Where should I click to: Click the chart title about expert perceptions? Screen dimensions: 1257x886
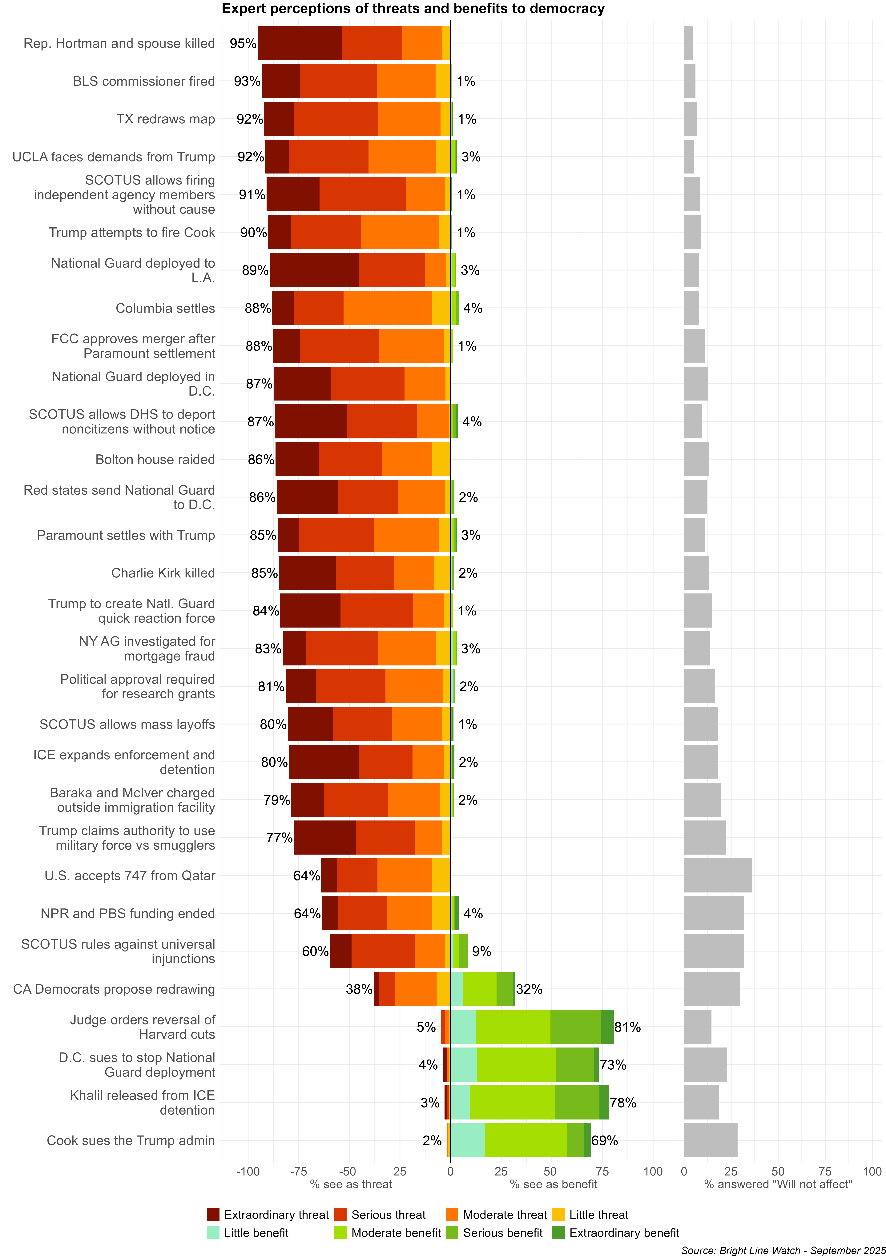(x=413, y=9)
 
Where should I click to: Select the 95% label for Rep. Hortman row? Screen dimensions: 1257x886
(x=243, y=43)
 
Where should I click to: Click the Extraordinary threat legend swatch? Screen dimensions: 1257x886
(x=213, y=1215)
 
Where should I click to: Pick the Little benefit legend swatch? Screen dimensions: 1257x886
(x=213, y=1233)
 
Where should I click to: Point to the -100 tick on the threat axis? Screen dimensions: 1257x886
(x=248, y=1172)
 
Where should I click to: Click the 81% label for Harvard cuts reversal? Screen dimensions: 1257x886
(x=628, y=1027)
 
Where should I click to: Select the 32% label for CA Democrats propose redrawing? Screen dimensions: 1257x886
(x=529, y=989)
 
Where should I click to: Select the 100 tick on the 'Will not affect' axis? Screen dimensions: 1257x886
(x=872, y=1172)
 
